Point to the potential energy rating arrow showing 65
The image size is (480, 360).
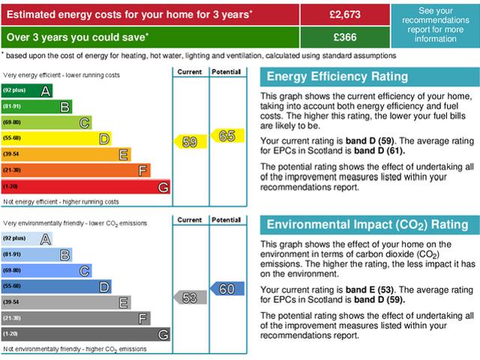[x=224, y=136]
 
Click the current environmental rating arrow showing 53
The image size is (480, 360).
[x=188, y=297]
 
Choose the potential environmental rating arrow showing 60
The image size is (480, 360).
[x=224, y=288]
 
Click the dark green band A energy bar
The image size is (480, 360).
[x=27, y=91]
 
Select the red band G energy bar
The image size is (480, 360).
[x=85, y=187]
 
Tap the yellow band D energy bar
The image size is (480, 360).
[x=56, y=139]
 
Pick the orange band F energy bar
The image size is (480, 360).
[x=76, y=171]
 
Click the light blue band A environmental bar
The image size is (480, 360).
[x=27, y=238]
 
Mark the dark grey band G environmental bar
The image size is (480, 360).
[x=85, y=334]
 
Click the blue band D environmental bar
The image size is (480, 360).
[x=56, y=286]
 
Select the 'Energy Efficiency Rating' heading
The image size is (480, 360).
[x=337, y=76]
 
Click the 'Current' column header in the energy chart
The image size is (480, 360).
[x=190, y=72]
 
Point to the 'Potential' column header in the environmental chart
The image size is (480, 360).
[x=226, y=220]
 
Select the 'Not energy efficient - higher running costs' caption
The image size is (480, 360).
[x=61, y=202]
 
